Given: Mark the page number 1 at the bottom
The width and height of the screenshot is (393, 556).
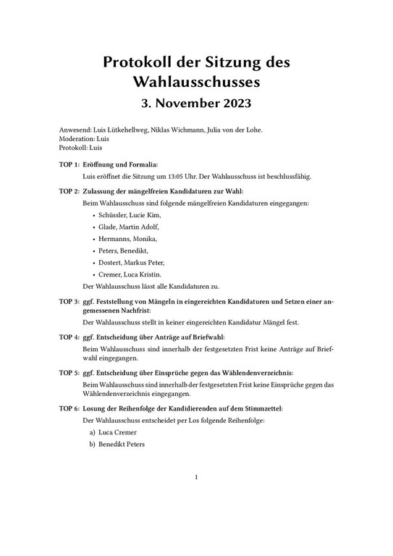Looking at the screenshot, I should click(196, 477).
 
